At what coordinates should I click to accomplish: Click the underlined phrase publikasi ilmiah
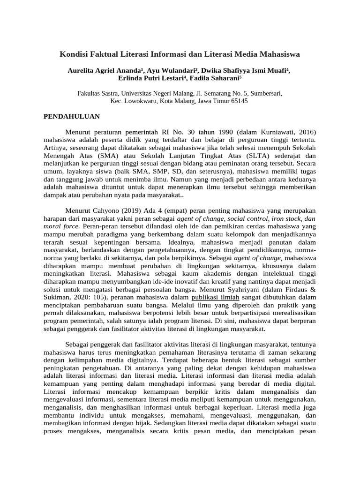pos(216,298)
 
